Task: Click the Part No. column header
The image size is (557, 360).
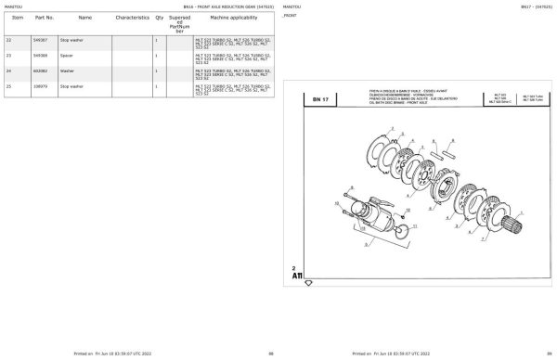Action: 44,18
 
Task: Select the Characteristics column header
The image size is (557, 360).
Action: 133,18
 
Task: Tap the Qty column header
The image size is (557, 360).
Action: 159,18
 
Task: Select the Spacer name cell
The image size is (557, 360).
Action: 66,56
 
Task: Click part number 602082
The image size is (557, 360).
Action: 40,71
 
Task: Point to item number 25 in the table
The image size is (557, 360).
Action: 8,85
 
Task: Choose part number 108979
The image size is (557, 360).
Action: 40,85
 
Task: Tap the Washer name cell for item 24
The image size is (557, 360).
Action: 67,71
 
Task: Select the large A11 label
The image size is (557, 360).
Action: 297,276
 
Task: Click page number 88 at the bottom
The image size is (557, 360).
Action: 271,354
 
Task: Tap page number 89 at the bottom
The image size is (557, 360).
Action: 550,354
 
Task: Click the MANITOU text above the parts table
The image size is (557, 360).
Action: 13,6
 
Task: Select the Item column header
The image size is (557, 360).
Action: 18,18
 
